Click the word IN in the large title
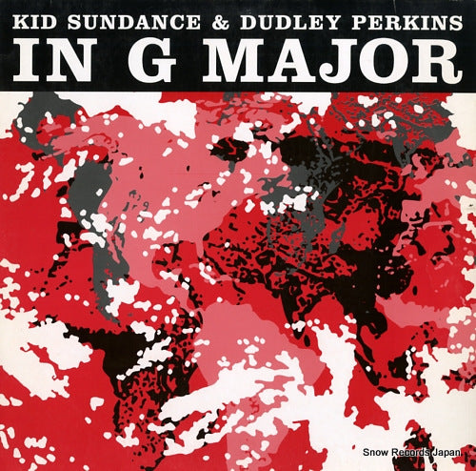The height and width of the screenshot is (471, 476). point(59,61)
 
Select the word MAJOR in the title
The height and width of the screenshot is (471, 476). point(333,61)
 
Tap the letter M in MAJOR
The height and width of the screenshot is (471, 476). point(238,61)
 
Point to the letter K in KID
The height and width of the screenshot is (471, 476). point(17,19)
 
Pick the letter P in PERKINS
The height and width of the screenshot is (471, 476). point(338,19)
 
